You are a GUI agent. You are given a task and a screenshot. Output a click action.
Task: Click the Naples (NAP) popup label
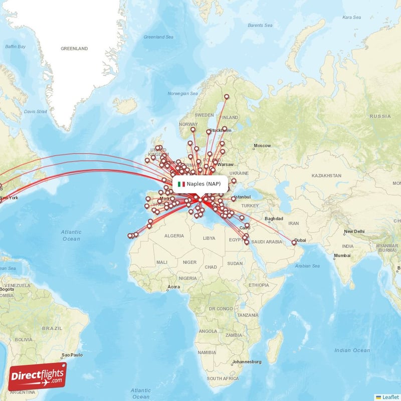tap(203, 184)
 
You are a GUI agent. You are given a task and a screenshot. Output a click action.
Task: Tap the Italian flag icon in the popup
tap(181, 184)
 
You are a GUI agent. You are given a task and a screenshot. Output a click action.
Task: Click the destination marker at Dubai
tap(294, 243)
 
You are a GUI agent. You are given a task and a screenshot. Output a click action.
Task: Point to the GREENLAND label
tap(74, 49)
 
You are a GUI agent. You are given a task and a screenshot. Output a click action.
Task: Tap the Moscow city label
tap(262, 146)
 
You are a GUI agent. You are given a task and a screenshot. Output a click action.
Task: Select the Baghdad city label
tap(274, 219)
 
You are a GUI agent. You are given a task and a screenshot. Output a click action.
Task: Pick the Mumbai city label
tap(342, 256)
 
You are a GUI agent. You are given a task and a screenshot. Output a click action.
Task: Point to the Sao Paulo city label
tap(71, 355)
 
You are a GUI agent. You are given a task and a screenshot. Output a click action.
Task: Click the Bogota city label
tap(7, 289)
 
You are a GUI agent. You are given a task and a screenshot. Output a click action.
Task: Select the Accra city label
tap(173, 287)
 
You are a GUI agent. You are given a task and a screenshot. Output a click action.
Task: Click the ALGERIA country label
tap(175, 236)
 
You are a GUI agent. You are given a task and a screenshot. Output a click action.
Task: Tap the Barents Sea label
tap(260, 25)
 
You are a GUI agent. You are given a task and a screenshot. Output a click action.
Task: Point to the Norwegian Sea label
tap(182, 93)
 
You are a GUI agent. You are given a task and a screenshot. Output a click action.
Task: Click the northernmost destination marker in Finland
tap(227, 97)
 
